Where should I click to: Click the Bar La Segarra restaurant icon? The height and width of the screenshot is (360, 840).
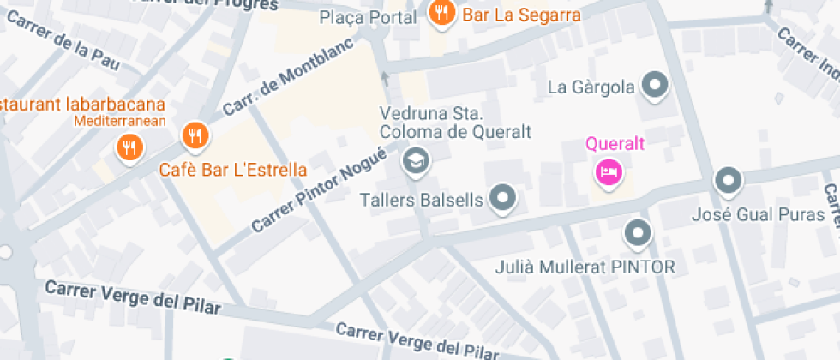442,13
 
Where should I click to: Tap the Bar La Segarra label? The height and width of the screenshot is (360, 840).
522,15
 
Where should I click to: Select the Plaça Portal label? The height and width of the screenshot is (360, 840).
368,18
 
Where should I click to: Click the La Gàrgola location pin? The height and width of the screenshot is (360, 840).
656,85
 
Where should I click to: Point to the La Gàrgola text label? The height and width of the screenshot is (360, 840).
591,87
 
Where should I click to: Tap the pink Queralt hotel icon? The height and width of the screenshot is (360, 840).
608,171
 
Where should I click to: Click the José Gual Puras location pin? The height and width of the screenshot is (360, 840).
729,180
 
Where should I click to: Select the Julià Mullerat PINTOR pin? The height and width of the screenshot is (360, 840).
636,231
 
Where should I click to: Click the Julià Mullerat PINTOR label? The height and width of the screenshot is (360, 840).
585,267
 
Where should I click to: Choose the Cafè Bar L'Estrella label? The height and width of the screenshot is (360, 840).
233,170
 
